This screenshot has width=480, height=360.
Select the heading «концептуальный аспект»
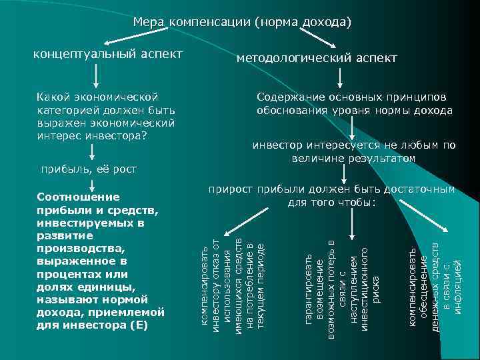[x=107, y=53]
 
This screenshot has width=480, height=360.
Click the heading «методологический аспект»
[x=317, y=59]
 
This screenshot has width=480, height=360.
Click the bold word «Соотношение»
[x=79, y=197]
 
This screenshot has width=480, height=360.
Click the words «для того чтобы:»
[x=331, y=202]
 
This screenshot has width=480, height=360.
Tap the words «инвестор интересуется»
[x=305, y=145]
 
